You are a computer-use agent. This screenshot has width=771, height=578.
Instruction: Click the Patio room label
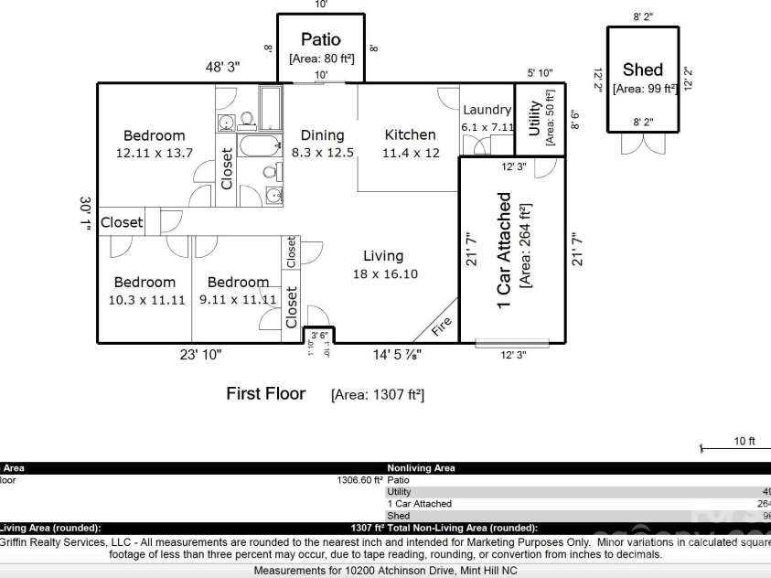tap(321, 39)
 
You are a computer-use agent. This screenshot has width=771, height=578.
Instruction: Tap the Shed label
tap(642, 70)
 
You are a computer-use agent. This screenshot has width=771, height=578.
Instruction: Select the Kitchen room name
tap(410, 135)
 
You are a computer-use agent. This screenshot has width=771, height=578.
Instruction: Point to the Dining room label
tap(322, 135)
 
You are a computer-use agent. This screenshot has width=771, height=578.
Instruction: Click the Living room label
tap(382, 256)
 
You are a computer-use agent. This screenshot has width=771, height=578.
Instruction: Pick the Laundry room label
tap(487, 110)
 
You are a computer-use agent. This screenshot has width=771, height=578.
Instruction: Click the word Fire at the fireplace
tap(441, 326)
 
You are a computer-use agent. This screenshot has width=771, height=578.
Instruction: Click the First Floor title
tap(265, 393)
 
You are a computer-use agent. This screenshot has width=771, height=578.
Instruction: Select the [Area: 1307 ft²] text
tap(377, 394)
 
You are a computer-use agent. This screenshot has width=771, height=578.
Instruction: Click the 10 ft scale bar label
tap(744, 441)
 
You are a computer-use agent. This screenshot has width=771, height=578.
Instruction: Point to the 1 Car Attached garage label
tap(505, 251)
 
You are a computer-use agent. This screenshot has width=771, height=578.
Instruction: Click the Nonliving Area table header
tap(421, 467)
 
